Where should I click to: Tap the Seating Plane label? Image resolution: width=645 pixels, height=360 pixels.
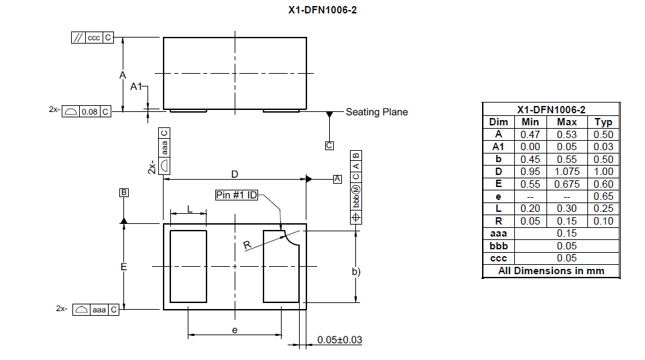click(376, 112)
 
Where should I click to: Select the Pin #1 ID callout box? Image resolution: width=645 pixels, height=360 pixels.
click(236, 195)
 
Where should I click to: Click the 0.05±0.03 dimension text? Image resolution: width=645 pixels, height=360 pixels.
click(339, 340)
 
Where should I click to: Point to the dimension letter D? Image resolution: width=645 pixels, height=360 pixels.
click(235, 174)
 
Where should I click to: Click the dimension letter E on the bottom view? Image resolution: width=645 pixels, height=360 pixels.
click(124, 267)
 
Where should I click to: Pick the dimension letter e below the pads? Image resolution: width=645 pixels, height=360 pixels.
click(235, 330)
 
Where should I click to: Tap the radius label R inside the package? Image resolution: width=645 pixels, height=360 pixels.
click(247, 245)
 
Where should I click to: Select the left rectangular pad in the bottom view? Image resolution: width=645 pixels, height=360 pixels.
click(189, 266)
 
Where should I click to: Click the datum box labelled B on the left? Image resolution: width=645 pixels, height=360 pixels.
click(124, 193)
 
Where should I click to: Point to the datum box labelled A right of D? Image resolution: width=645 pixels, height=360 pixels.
click(337, 178)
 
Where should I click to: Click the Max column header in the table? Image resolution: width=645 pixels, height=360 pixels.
click(567, 122)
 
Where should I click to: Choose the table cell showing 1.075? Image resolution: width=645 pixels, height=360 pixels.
click(567, 172)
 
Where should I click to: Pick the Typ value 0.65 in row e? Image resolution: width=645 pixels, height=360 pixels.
click(603, 196)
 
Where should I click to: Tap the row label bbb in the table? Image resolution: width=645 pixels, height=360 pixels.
click(498, 246)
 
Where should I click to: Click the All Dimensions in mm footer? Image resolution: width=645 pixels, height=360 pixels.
click(551, 271)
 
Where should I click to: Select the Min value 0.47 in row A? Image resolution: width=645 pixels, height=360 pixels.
click(530, 134)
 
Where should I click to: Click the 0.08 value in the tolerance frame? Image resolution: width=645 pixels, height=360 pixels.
click(89, 111)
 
